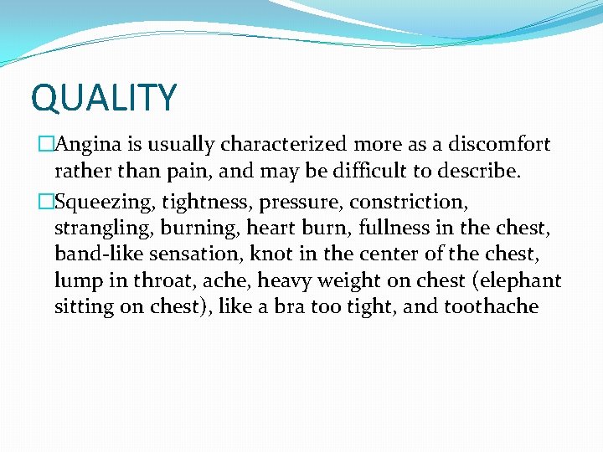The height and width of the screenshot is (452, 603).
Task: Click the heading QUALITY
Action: [104, 98]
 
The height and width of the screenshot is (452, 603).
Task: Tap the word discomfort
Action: [499, 145]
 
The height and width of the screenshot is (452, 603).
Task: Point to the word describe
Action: [477, 172]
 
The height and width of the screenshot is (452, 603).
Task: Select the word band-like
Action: [96, 254]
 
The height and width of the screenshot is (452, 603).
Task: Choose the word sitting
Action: [85, 306]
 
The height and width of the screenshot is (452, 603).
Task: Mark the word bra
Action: [288, 306]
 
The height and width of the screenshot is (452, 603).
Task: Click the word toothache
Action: [491, 306]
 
